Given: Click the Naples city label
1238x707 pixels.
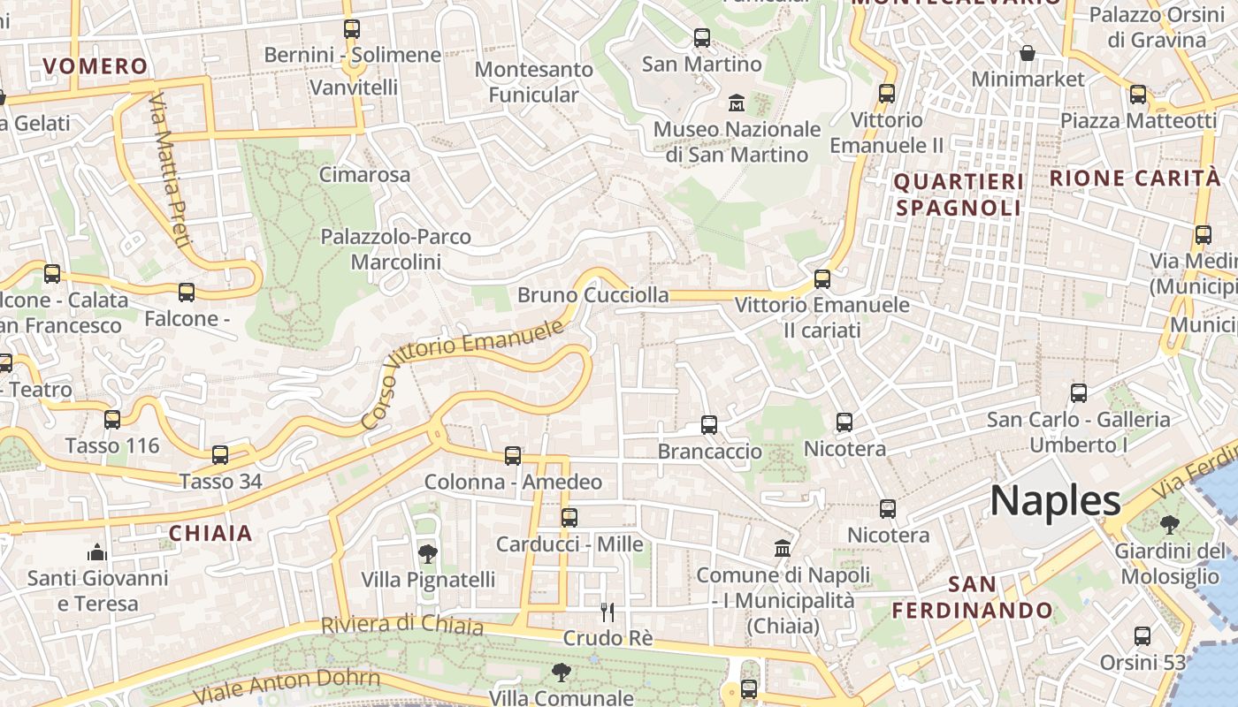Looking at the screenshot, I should [x=1055, y=501].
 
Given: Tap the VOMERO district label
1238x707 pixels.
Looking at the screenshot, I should [x=96, y=66].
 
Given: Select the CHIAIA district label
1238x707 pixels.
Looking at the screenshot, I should [x=210, y=533].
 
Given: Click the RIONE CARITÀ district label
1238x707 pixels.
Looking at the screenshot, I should [x=1135, y=178].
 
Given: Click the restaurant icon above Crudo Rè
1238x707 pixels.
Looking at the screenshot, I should [x=608, y=612].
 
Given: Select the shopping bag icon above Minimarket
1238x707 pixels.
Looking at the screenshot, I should [x=1028, y=54].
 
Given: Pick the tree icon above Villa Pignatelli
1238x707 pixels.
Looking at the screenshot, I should [x=428, y=554].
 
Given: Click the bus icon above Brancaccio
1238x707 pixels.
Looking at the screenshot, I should [x=709, y=425].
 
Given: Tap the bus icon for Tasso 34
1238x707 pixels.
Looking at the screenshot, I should [x=220, y=455].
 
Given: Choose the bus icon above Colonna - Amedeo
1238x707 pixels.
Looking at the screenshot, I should [x=513, y=456].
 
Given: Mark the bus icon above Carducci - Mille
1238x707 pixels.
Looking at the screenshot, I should [x=569, y=518].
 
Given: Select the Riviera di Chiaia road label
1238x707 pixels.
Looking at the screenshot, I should [x=401, y=625].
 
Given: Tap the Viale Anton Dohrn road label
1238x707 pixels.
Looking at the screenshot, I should [x=287, y=687].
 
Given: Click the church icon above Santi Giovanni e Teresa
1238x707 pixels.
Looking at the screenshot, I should [x=97, y=553].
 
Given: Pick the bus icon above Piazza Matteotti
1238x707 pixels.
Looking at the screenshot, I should [x=1138, y=95].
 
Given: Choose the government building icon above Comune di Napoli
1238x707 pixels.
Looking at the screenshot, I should [x=783, y=549].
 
